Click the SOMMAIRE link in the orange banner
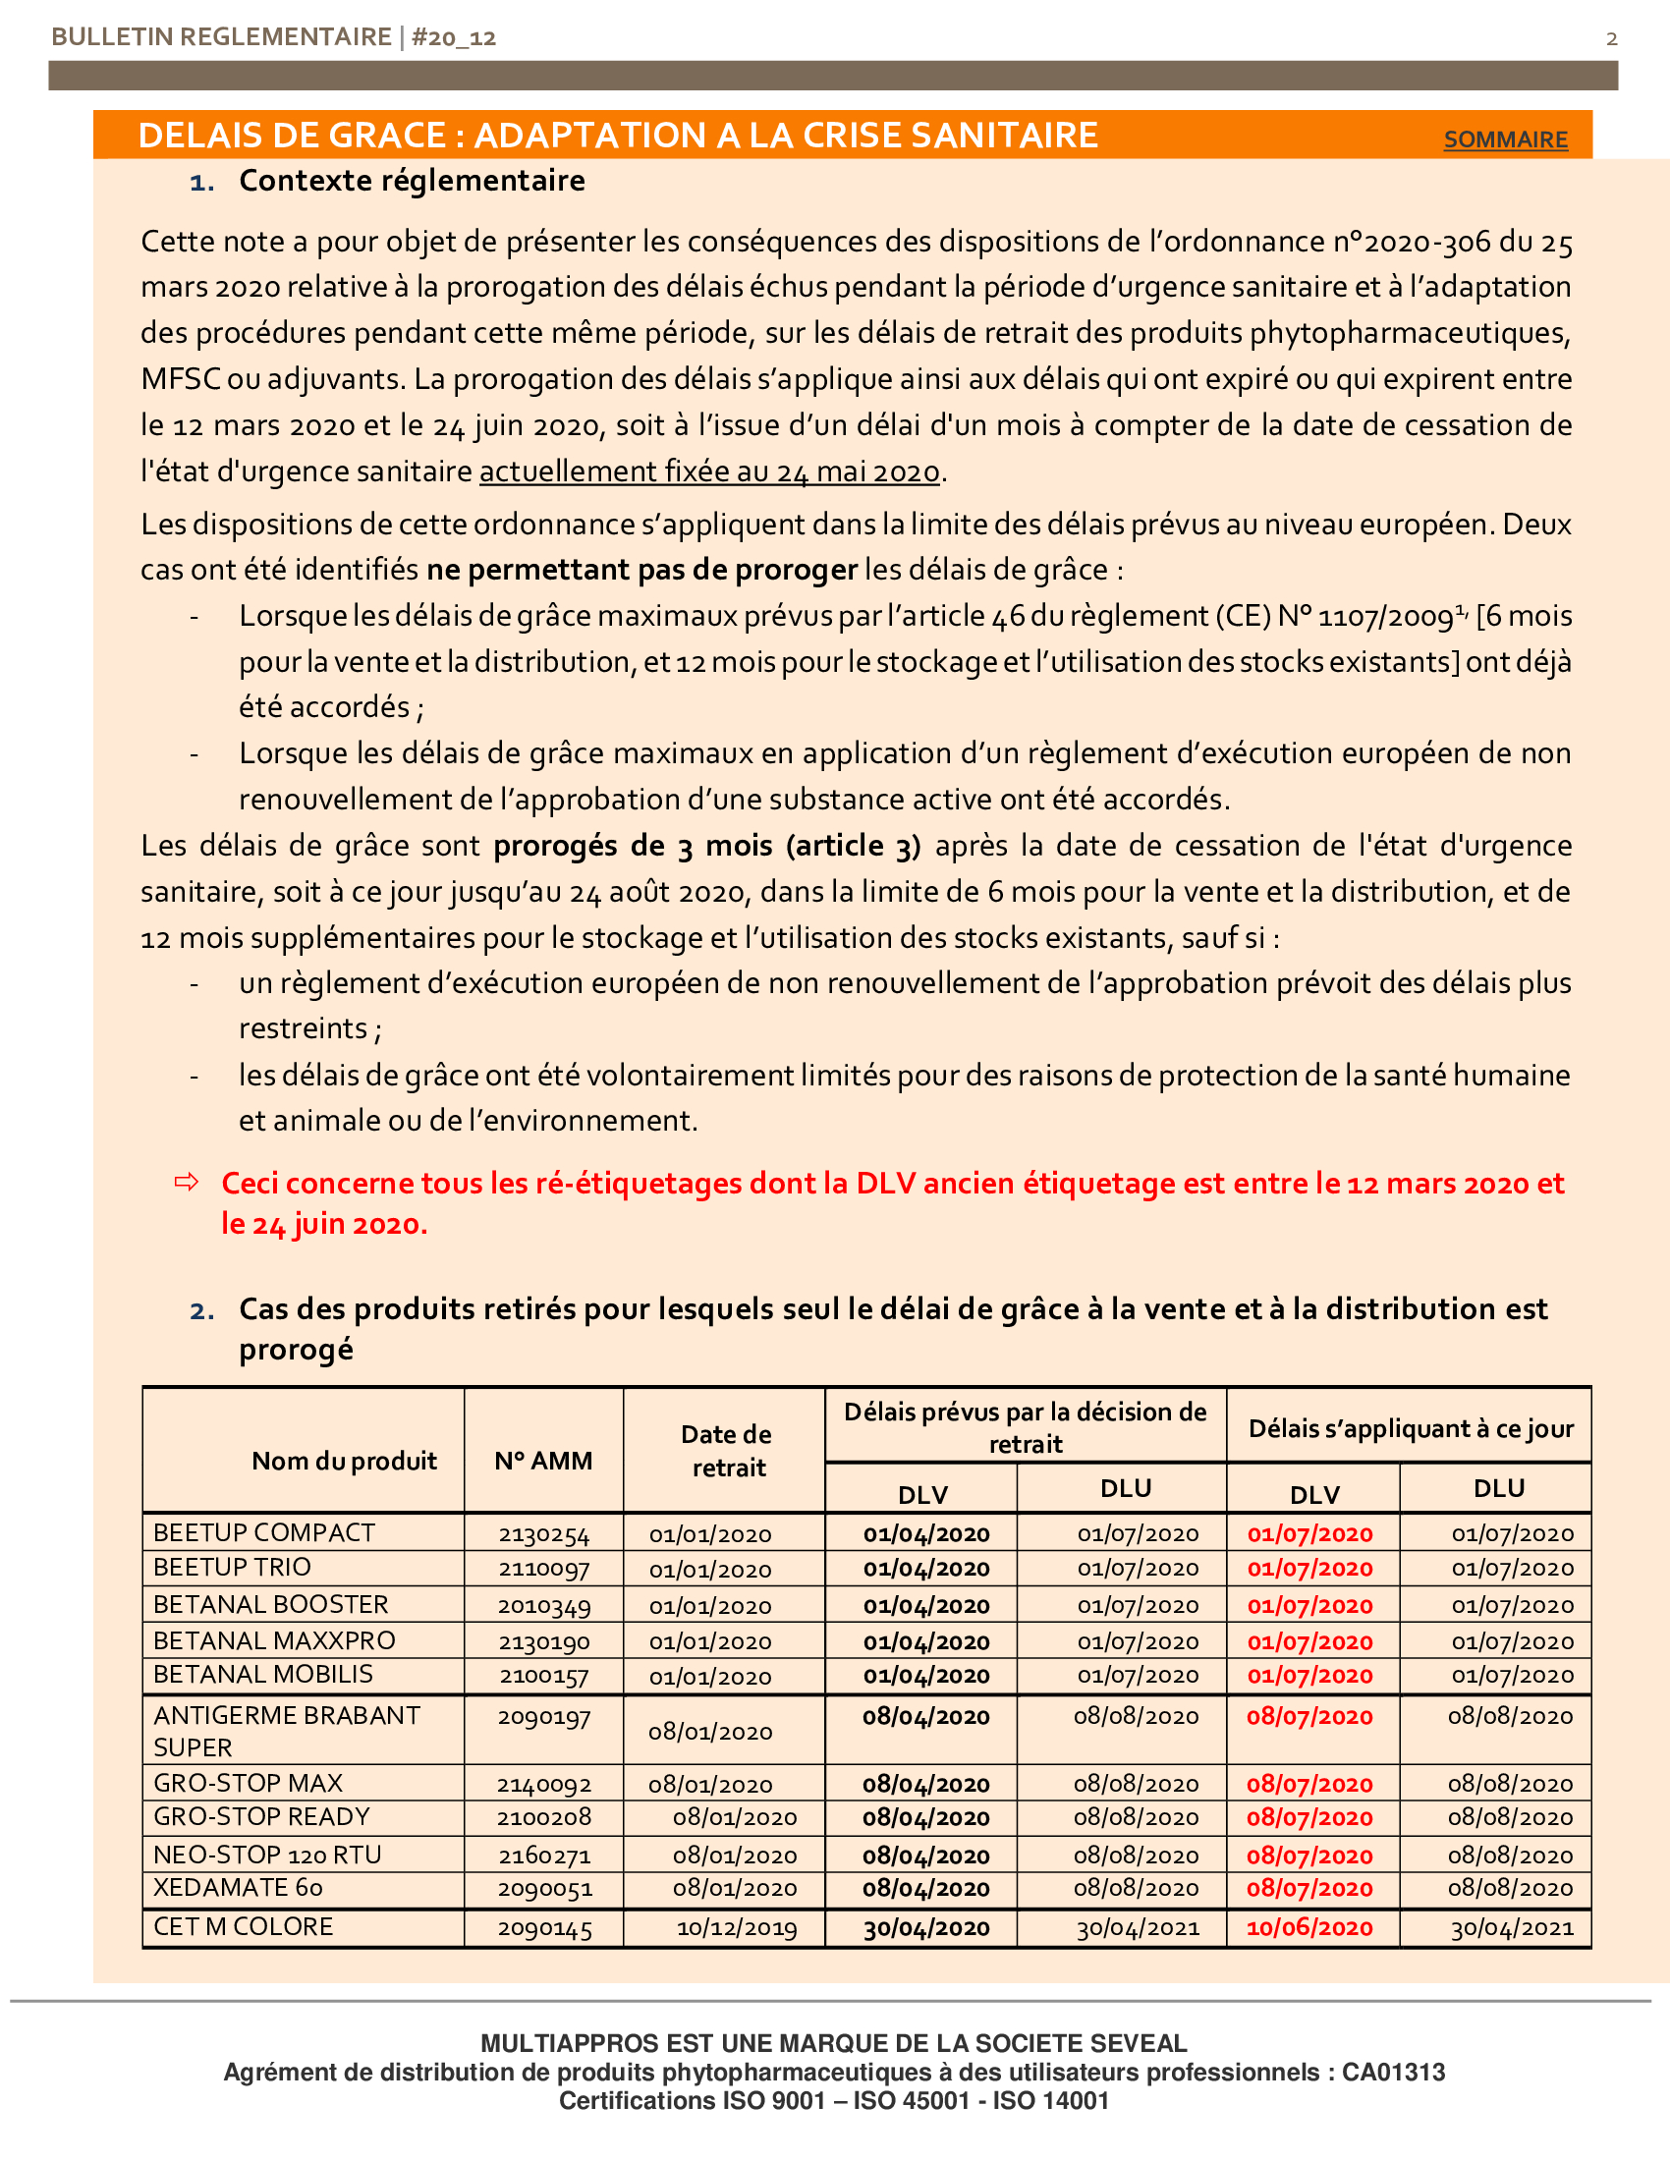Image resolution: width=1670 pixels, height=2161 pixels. (1505, 139)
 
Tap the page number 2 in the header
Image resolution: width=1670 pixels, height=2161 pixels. (1612, 38)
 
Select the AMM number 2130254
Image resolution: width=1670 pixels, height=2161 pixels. (543, 1534)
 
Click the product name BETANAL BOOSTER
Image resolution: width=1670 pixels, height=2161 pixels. (270, 1604)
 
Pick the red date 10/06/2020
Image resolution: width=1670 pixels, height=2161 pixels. (1308, 1927)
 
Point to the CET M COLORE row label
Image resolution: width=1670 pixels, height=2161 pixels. (244, 1926)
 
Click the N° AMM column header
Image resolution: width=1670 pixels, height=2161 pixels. (543, 1461)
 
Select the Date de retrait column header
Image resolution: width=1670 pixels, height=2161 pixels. (727, 1451)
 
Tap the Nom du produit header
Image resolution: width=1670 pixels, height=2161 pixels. (343, 1461)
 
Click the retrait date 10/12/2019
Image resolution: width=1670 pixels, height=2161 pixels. (736, 1927)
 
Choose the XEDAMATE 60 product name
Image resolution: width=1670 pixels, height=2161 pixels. (238, 1887)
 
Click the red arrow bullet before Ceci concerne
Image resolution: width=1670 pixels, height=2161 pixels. (186, 1182)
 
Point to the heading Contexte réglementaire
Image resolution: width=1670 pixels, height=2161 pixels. (412, 181)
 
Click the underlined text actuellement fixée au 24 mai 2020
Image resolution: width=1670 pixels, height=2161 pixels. (709, 471)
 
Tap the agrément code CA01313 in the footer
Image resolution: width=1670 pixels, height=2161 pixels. (1393, 2072)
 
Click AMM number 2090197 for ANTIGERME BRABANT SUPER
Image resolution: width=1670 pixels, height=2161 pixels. (543, 1717)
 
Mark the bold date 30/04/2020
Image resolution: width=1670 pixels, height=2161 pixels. (926, 1927)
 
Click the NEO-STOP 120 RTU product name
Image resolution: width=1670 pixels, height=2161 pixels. (267, 1855)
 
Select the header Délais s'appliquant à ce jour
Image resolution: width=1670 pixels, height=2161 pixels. (1410, 1428)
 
